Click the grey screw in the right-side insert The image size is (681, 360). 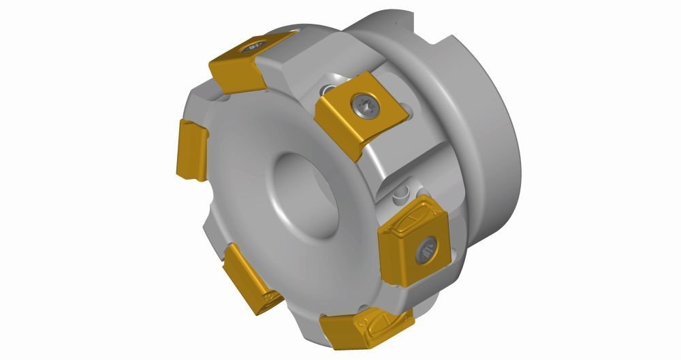click(x=427, y=248)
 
